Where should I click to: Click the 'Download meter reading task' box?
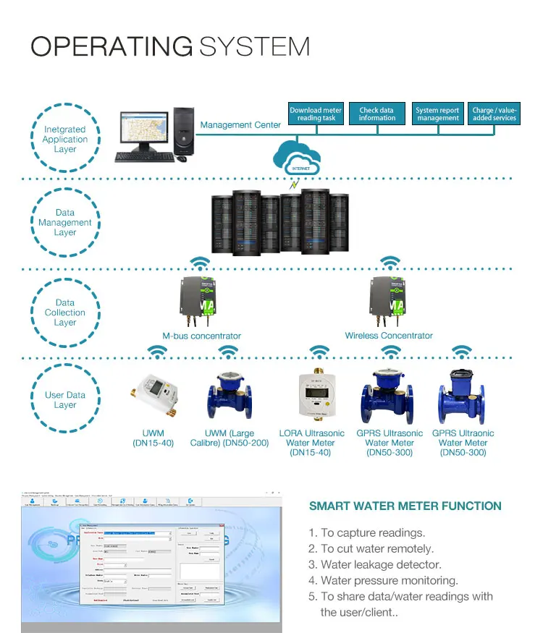click(x=316, y=114)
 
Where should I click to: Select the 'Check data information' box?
click(x=377, y=114)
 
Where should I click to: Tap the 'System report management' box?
click(x=437, y=114)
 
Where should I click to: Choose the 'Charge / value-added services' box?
click(x=494, y=114)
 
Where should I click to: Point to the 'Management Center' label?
click(x=240, y=125)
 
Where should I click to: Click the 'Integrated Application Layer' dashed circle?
click(x=65, y=140)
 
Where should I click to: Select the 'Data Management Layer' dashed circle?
click(x=65, y=223)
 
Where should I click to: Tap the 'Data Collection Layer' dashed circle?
click(x=65, y=313)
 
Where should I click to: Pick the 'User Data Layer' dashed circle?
click(x=65, y=400)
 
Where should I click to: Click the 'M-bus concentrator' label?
click(x=201, y=336)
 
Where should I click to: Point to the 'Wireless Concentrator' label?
click(x=389, y=336)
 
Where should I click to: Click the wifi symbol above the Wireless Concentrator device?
click(x=391, y=262)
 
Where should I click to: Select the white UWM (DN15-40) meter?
click(x=153, y=395)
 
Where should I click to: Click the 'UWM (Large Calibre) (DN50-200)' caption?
click(x=228, y=438)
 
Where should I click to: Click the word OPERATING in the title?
click(x=111, y=46)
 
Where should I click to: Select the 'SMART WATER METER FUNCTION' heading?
click(x=405, y=506)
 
